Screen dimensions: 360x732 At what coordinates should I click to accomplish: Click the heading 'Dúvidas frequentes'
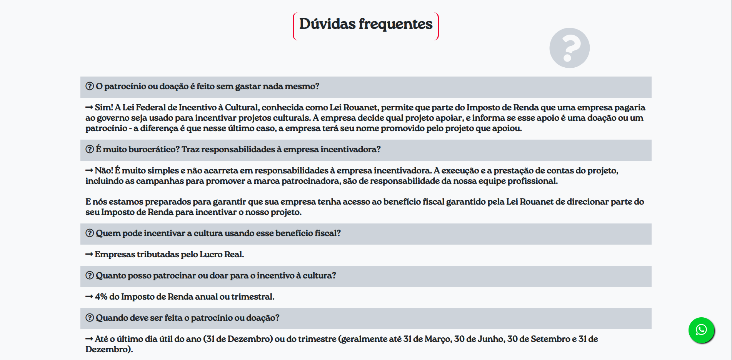click(x=366, y=24)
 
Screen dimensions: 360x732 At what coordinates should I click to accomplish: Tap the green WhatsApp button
click(x=701, y=330)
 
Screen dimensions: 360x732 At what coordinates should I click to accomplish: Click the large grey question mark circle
click(x=569, y=48)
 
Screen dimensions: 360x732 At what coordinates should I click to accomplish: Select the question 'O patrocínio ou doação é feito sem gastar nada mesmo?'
click(x=208, y=87)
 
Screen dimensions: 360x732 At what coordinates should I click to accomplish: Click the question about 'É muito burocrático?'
click(x=238, y=150)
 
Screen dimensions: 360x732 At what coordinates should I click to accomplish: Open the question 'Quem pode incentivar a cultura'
click(x=218, y=233)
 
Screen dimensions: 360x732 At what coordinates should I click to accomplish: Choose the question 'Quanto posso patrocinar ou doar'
click(x=216, y=276)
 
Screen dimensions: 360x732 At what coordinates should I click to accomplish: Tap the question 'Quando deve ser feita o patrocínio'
click(x=187, y=318)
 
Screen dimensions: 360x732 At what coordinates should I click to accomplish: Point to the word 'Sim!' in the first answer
click(x=104, y=108)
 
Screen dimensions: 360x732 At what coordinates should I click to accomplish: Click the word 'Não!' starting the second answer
click(x=104, y=171)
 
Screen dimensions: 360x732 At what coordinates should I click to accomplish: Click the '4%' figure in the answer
click(x=101, y=297)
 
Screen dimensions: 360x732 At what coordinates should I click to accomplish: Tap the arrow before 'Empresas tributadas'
click(x=89, y=255)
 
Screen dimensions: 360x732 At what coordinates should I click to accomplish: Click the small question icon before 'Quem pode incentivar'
click(x=90, y=233)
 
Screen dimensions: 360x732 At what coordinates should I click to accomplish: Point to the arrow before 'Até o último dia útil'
click(x=89, y=339)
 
